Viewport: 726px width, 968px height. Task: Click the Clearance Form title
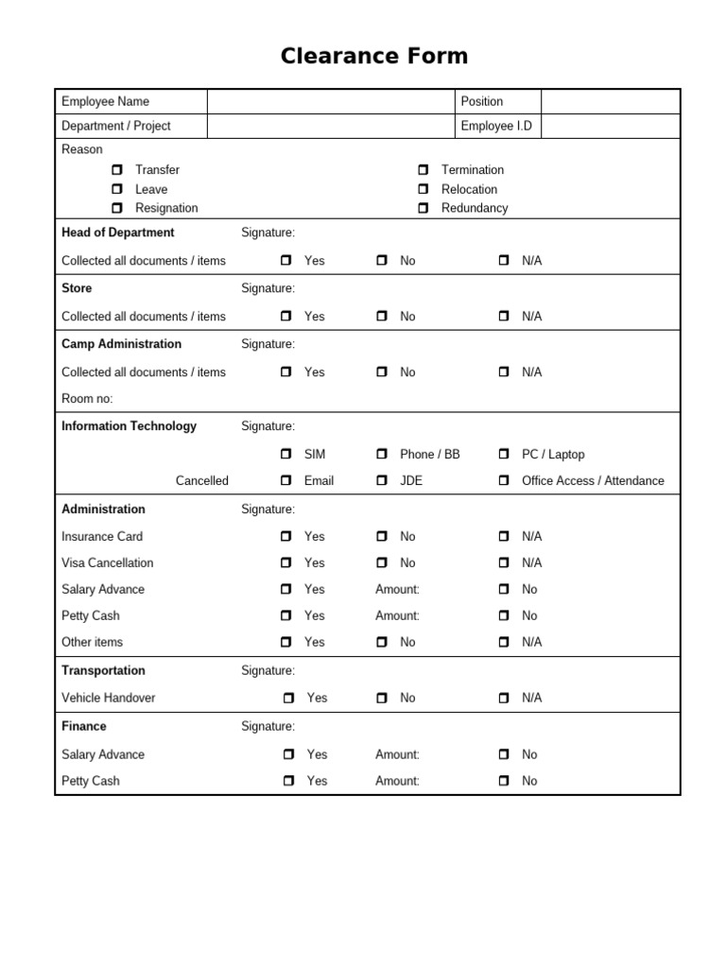(x=374, y=57)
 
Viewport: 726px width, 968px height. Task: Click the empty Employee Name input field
(x=331, y=102)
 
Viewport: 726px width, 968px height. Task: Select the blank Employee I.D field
(x=610, y=127)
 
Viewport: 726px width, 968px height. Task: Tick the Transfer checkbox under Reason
(x=117, y=170)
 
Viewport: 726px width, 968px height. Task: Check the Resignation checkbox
(x=117, y=208)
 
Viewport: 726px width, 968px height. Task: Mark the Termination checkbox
(x=423, y=170)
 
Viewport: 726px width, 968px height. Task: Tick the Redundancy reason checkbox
(x=423, y=208)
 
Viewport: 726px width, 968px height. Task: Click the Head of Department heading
(x=118, y=233)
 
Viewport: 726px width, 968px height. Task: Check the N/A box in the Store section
(x=504, y=317)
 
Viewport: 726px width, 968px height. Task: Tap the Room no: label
(x=87, y=399)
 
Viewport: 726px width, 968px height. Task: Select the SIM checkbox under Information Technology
(x=286, y=455)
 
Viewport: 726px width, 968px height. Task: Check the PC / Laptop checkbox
(x=504, y=455)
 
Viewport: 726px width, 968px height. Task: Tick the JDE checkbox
(x=382, y=481)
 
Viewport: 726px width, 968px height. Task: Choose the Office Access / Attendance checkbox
(x=504, y=481)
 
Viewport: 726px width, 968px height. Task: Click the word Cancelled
(x=201, y=481)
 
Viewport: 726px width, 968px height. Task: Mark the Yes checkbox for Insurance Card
(x=286, y=537)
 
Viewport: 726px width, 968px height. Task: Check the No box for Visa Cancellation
(x=382, y=563)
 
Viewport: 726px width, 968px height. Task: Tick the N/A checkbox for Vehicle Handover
(x=504, y=699)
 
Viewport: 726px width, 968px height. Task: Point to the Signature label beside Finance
(x=268, y=727)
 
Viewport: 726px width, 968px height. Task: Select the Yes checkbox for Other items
(x=286, y=643)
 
